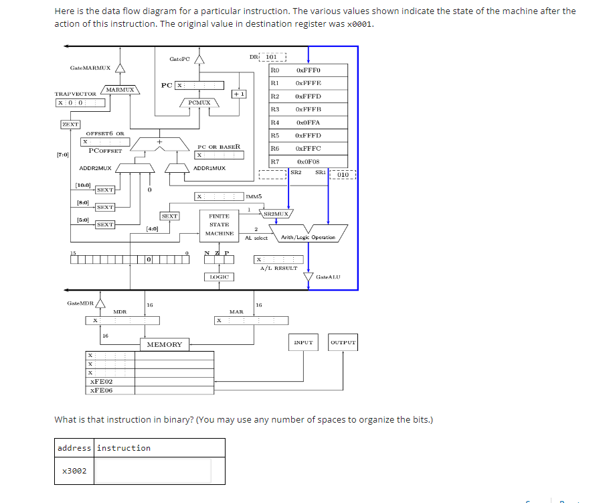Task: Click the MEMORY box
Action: click(164, 344)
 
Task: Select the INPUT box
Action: click(303, 342)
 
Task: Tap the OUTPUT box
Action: click(343, 342)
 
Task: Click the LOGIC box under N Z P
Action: click(219, 277)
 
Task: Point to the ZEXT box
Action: click(70, 124)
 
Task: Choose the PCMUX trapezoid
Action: click(199, 102)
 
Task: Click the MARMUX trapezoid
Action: click(120, 89)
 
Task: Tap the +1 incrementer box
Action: click(238, 94)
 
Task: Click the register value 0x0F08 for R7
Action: click(308, 161)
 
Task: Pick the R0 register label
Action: click(274, 70)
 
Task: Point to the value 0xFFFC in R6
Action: click(308, 148)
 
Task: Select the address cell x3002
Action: click(74, 471)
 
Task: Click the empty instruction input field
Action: click(154, 470)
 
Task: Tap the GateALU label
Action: click(328, 277)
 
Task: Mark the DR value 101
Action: click(272, 57)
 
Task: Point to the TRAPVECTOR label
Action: click(75, 94)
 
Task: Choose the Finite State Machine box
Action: click(219, 225)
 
